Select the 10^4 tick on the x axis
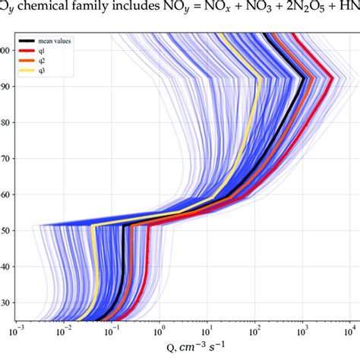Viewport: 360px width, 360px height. point(349,332)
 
